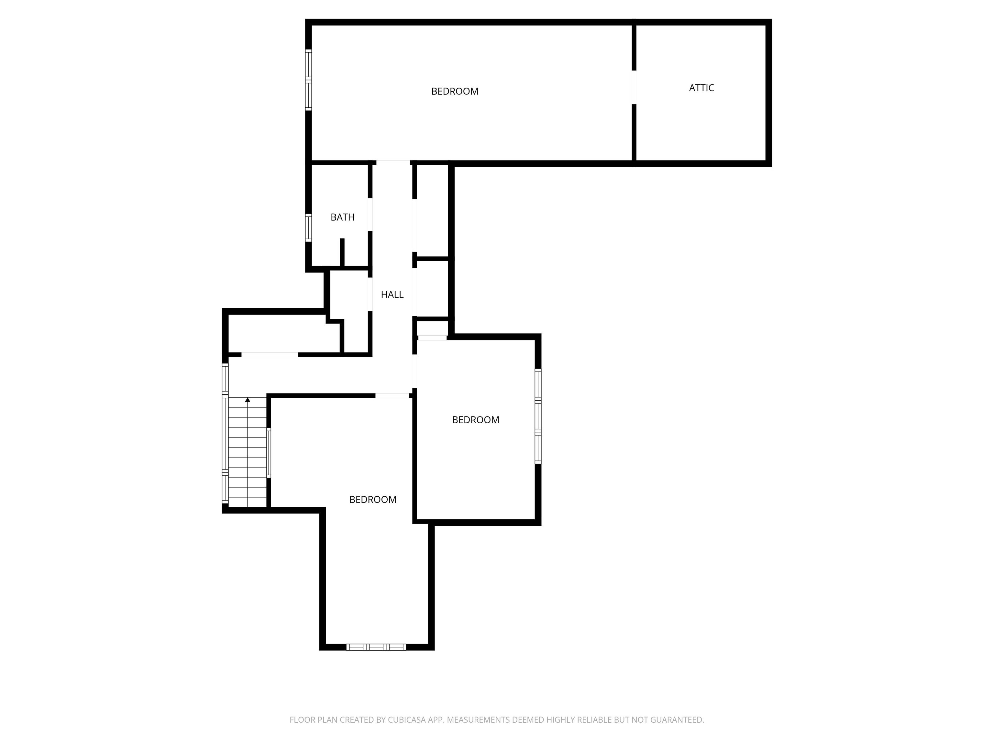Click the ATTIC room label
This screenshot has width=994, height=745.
(x=701, y=88)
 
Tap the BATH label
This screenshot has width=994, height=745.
(x=342, y=217)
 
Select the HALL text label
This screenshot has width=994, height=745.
(x=392, y=295)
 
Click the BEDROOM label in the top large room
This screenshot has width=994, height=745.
(x=455, y=92)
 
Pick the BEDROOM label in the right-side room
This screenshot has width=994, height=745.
(x=475, y=420)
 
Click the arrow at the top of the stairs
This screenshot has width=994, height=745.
(x=248, y=400)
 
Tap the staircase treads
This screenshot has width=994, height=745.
(x=248, y=454)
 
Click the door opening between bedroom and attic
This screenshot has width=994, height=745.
(x=634, y=88)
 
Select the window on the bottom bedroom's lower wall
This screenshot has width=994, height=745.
(x=376, y=647)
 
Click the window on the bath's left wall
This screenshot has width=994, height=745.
(x=308, y=228)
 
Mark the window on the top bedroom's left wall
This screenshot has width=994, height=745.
(x=308, y=80)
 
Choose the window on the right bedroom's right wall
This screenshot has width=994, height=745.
(x=538, y=416)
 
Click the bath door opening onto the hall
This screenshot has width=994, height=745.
(x=370, y=215)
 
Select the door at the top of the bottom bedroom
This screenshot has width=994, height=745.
(x=392, y=396)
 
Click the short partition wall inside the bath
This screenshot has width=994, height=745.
(x=342, y=252)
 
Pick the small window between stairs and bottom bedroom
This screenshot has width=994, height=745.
(x=269, y=453)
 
